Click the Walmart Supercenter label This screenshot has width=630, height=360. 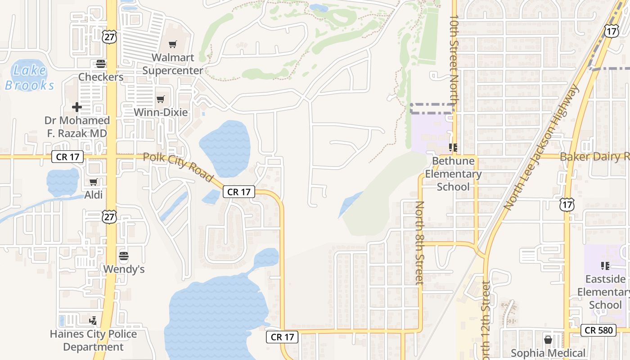tap(172, 64)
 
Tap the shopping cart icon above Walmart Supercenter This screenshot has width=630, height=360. tap(172, 44)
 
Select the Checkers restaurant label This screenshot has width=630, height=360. tap(101, 77)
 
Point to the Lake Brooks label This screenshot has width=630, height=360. tap(30, 77)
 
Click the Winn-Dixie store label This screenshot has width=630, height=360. tap(161, 112)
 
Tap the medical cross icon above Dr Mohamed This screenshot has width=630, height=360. tap(77, 107)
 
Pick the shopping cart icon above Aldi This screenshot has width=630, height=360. tap(93, 182)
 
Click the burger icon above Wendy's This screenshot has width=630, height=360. tap(124, 256)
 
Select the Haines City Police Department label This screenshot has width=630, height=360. tap(93, 340)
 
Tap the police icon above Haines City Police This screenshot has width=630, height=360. tap(93, 321)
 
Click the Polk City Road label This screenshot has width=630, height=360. tap(178, 167)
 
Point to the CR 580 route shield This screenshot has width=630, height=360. tap(599, 330)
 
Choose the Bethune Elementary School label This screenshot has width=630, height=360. tap(453, 174)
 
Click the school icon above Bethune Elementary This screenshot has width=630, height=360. tap(453, 147)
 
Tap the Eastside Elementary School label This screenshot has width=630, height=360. tap(605, 292)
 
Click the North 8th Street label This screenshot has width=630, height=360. tap(419, 243)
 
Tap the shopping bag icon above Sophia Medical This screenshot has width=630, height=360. tap(548, 340)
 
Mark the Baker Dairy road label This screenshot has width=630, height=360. tap(594, 157)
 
